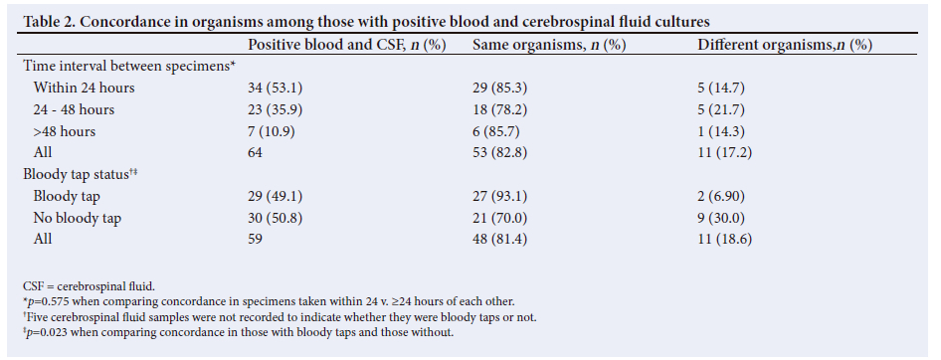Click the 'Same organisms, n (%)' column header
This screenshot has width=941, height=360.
coord(549,45)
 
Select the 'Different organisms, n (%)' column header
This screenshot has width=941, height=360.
coord(785,45)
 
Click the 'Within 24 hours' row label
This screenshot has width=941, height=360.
coord(84,88)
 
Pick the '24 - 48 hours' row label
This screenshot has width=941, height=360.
coord(74,109)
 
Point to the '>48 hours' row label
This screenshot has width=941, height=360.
coord(65,131)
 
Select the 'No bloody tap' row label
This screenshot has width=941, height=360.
coord(77,218)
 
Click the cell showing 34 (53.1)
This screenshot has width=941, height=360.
coord(275,89)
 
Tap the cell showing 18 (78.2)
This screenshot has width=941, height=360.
coord(500,109)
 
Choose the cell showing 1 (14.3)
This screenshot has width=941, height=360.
coord(720,131)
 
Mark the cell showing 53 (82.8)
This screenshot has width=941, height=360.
coord(500,153)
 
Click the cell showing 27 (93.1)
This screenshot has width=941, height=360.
coord(500,196)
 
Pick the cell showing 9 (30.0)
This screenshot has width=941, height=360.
coord(721,218)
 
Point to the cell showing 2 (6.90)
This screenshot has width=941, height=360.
coord(721,196)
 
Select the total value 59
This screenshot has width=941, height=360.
coord(255,239)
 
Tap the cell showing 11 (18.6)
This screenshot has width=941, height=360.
coord(724,240)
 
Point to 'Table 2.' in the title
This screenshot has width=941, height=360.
coord(49,22)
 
